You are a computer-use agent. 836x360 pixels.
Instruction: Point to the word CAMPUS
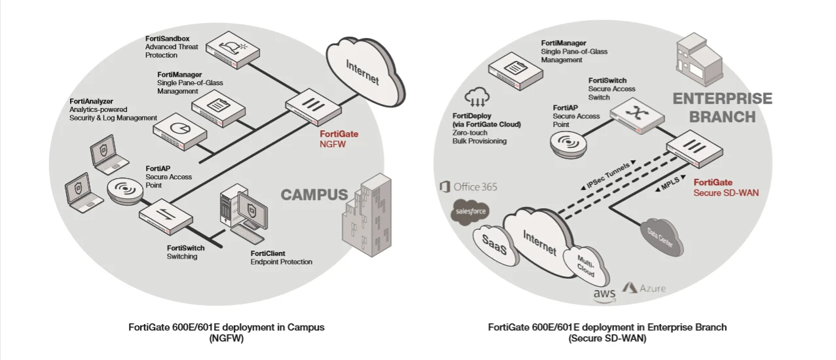(x=314, y=194)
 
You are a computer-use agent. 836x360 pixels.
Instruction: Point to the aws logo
(x=604, y=295)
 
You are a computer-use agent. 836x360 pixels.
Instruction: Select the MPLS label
(x=668, y=187)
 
